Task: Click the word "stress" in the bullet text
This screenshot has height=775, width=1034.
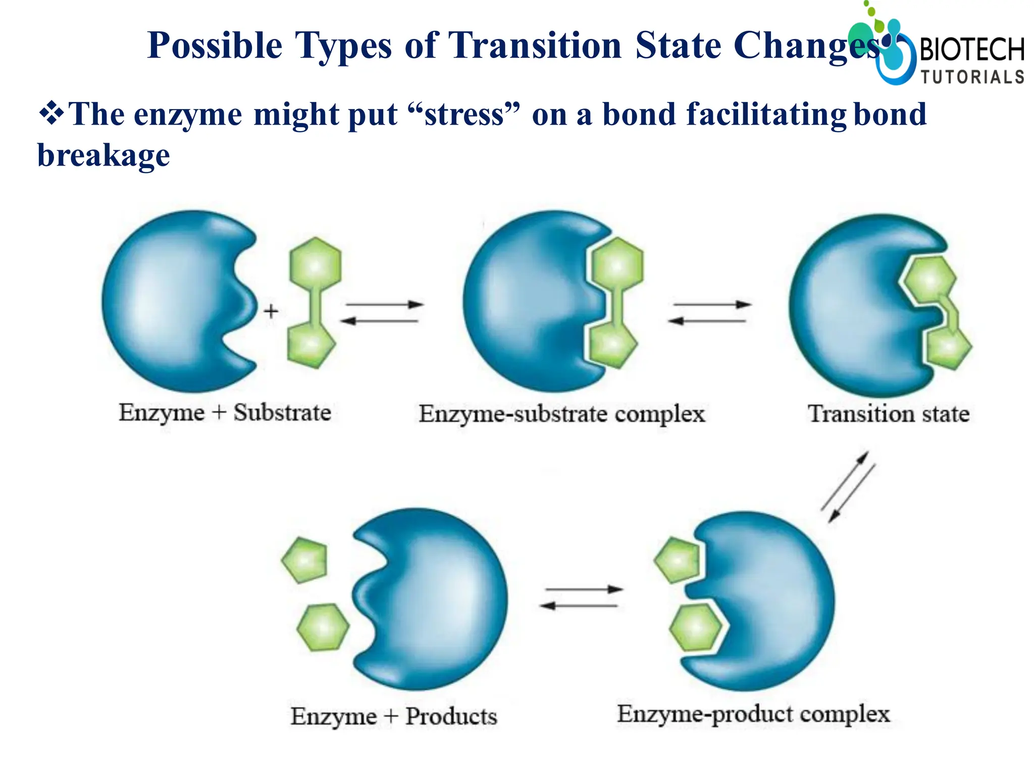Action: click(x=464, y=115)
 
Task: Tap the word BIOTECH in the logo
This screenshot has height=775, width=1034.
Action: click(x=972, y=50)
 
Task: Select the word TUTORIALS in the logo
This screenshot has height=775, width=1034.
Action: click(x=972, y=77)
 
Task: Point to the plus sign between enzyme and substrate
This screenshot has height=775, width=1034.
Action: click(x=271, y=311)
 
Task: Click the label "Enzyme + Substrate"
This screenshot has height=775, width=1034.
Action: click(x=225, y=413)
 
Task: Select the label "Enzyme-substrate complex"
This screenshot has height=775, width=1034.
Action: click(x=561, y=414)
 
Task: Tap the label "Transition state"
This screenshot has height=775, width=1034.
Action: click(x=889, y=414)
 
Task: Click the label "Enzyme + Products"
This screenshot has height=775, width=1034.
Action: click(x=393, y=716)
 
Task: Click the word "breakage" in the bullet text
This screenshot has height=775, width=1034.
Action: click(x=104, y=155)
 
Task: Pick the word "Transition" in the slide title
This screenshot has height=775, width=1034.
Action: click(x=536, y=45)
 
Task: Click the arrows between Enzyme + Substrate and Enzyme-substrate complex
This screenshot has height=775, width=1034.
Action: click(x=382, y=313)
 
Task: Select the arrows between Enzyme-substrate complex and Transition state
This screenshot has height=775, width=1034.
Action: click(x=710, y=313)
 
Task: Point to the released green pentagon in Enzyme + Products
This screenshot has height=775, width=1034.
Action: click(x=305, y=560)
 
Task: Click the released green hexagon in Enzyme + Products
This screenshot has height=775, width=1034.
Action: click(x=323, y=627)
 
